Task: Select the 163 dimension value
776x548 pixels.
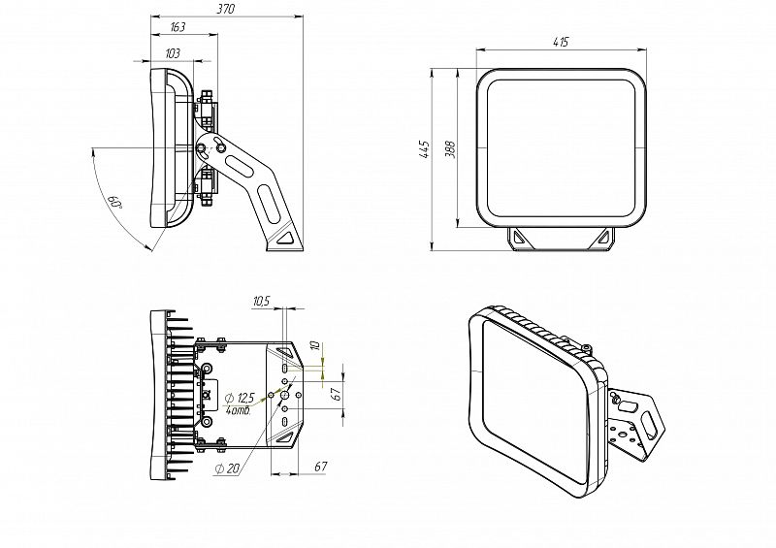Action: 178,27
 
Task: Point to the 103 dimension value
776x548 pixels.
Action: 173,52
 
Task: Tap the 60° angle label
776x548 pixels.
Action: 114,203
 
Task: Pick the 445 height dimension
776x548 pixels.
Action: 424,148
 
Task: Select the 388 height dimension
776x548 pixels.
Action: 450,148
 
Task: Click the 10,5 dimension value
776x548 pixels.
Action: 260,303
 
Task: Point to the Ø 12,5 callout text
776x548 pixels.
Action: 239,398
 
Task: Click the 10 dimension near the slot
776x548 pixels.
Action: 314,346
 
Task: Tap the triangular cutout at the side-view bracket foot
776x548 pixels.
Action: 286,236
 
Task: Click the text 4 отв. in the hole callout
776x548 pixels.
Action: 239,411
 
